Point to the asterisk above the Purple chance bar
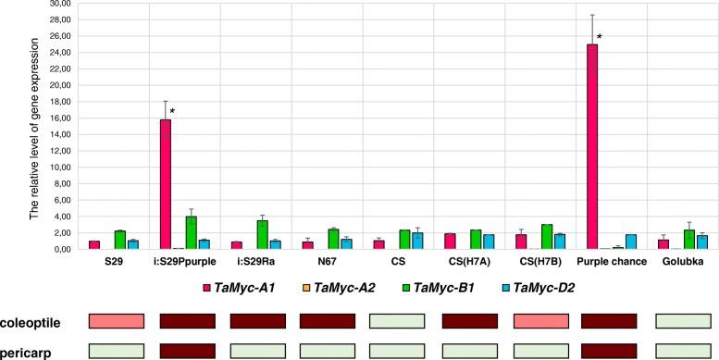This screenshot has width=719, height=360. click(x=600, y=38)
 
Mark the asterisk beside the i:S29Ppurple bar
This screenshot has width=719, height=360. click(x=173, y=112)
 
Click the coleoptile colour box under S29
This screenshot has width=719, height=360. click(x=117, y=321)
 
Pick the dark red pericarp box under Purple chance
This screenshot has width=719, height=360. click(x=609, y=351)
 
